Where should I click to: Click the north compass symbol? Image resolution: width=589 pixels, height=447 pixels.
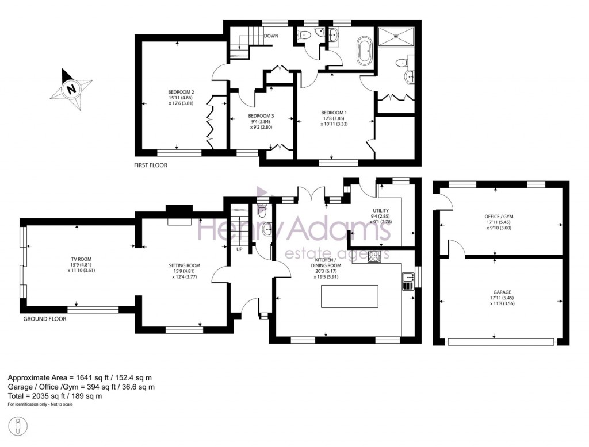coord(71,89)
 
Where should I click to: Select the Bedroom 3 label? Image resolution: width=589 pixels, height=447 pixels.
coord(260,121)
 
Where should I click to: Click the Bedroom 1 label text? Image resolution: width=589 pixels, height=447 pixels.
coord(334,118)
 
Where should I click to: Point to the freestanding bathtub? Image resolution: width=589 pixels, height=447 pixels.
coord(365,51)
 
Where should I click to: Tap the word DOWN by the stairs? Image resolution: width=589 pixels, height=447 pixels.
coord(271,36)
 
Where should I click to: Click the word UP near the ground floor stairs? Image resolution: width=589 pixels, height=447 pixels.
coord(239,249)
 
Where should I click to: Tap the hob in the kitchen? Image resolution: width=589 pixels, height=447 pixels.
coord(374,256)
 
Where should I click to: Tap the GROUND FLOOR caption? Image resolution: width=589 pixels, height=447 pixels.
coord(44,318)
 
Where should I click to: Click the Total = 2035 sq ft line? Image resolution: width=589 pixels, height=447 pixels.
coord(55,396)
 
